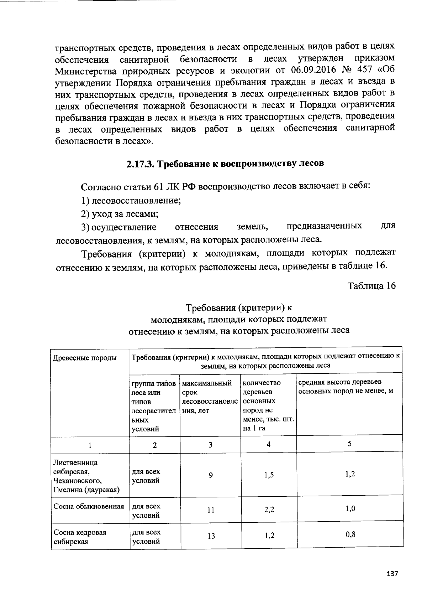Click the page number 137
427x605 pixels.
click(392, 574)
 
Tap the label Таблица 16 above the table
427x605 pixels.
click(371, 286)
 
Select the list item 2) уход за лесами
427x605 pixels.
click(120, 214)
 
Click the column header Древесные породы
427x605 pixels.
click(85, 358)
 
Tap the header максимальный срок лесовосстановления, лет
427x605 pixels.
click(209, 397)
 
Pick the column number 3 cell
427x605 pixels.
click(210, 445)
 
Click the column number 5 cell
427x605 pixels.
click(350, 444)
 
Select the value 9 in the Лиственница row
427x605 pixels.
click(211, 475)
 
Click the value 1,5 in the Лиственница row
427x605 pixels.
click(269, 475)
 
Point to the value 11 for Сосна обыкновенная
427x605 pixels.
click(211, 510)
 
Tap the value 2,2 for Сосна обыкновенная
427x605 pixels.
click(269, 510)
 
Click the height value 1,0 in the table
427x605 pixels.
click(350, 508)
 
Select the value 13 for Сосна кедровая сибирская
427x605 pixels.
click(211, 536)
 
